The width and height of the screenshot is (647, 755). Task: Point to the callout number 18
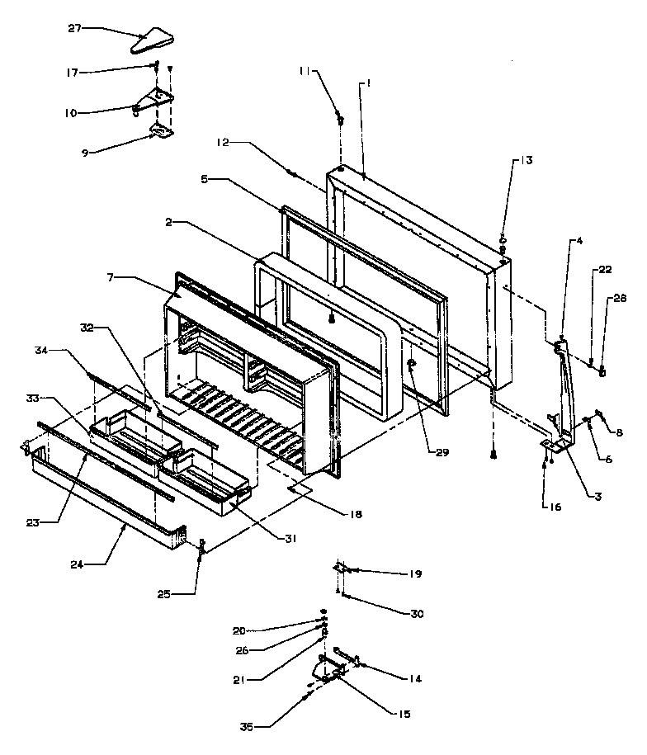(x=356, y=513)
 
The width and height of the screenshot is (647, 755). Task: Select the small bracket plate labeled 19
(x=342, y=569)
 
